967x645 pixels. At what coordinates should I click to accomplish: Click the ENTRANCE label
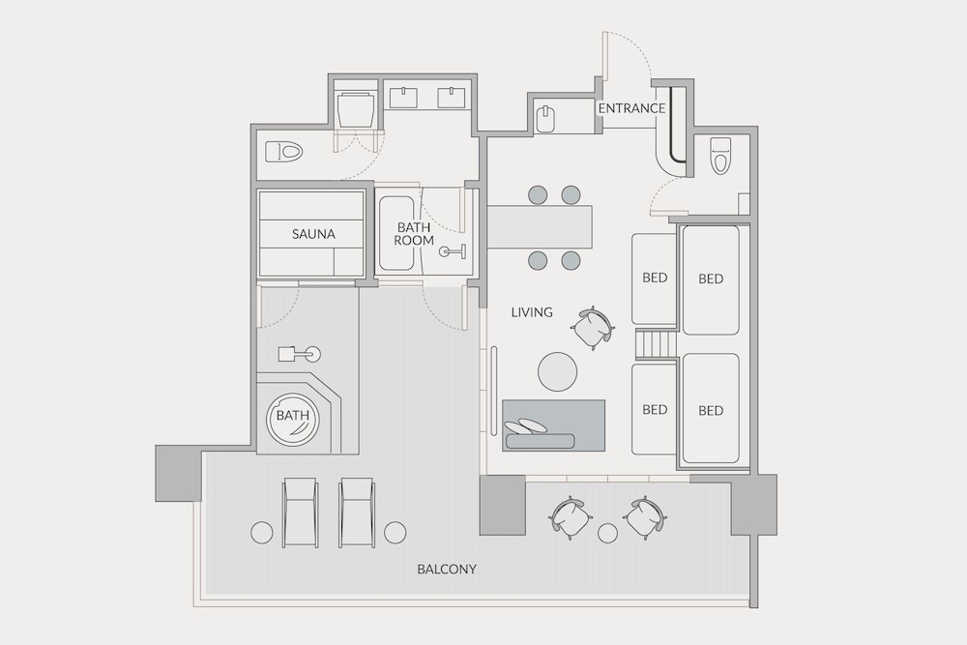(x=631, y=108)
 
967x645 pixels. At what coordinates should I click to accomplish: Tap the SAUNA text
(x=313, y=234)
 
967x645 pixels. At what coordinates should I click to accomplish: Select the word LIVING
(x=532, y=312)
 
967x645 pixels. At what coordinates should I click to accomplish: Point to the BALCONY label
(x=447, y=569)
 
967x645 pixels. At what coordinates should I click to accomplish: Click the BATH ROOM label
(x=414, y=234)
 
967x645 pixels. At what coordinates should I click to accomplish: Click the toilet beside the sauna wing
(x=285, y=152)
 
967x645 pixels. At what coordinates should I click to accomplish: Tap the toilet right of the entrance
(x=719, y=155)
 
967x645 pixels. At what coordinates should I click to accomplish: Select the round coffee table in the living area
(x=558, y=371)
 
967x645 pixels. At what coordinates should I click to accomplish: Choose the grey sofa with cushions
(x=553, y=425)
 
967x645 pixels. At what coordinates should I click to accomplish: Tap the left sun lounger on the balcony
(x=301, y=513)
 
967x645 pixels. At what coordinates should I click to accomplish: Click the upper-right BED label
(x=711, y=279)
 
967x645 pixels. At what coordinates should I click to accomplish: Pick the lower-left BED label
(x=655, y=409)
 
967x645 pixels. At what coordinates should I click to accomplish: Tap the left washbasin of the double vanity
(x=403, y=98)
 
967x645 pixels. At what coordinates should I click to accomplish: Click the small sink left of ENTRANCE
(x=545, y=119)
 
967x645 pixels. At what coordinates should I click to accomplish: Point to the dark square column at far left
(x=178, y=473)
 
